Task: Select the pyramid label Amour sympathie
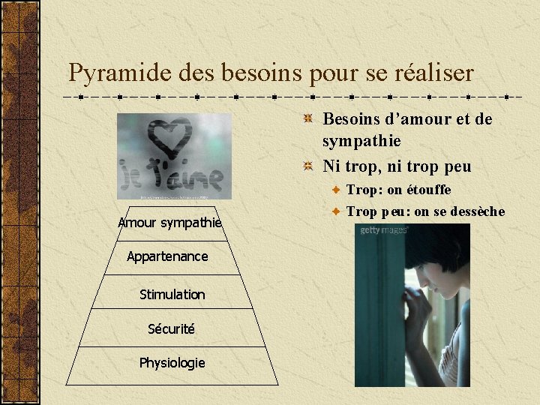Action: click(x=169, y=222)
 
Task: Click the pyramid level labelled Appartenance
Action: click(x=167, y=256)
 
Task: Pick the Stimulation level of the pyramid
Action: click(x=172, y=295)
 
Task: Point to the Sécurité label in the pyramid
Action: click(x=171, y=328)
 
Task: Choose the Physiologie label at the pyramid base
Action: click(x=172, y=363)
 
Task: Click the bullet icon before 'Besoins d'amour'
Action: click(x=308, y=119)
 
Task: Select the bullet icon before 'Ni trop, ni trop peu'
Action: click(x=308, y=166)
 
